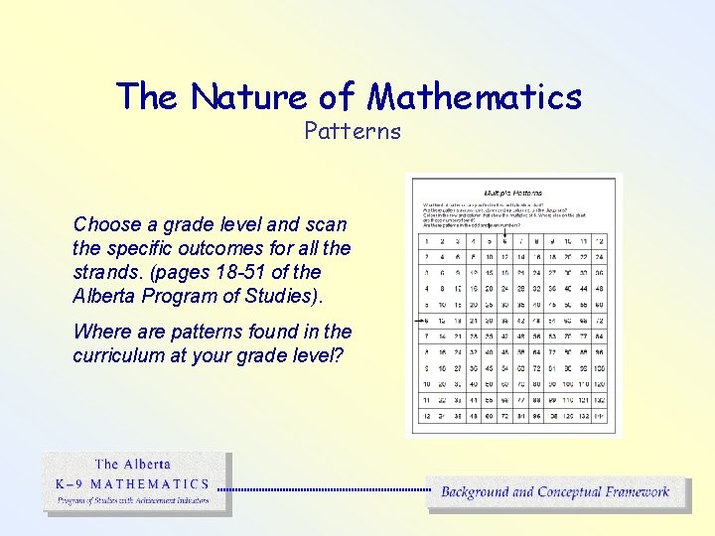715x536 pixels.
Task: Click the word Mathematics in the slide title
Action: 475,96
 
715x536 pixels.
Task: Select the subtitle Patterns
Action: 353,130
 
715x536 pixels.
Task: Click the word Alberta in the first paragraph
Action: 103,295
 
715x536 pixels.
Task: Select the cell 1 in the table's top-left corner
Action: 428,241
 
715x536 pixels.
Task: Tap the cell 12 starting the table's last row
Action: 428,415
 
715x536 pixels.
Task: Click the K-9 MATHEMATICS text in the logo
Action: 131,484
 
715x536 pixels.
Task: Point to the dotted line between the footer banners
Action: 323,489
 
